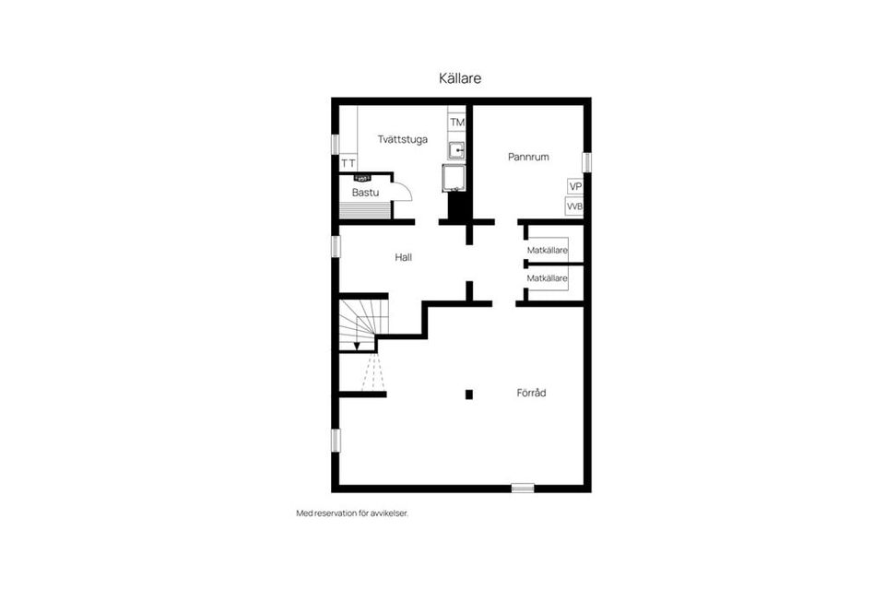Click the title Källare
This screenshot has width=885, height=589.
point(460,77)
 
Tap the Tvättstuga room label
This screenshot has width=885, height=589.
point(403,139)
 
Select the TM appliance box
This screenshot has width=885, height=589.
point(456,122)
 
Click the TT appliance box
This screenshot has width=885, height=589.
point(348,163)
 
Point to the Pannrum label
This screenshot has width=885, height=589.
point(528,157)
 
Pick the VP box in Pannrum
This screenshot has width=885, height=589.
point(575,186)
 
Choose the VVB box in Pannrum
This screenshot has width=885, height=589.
point(574,206)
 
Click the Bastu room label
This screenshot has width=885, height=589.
point(365,193)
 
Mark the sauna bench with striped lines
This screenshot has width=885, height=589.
point(365,208)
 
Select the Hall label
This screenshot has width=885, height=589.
point(403,257)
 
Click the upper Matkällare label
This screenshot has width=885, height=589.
point(547,250)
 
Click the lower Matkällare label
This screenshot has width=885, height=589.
point(547,278)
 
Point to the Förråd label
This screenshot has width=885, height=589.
point(531,393)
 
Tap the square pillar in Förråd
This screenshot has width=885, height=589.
point(469,395)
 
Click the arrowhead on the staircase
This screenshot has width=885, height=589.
point(357,346)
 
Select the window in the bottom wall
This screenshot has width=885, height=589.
point(523,488)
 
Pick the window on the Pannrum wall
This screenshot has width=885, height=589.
point(587,162)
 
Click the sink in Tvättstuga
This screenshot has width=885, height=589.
point(456,150)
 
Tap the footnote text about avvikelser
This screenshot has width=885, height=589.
point(352,513)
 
